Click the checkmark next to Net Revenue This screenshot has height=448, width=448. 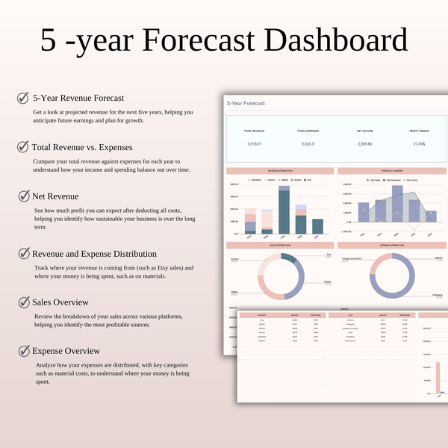[x=23, y=196]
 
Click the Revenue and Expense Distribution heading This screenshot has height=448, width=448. [x=94, y=254]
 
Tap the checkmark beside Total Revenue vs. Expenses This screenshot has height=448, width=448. [x=23, y=146]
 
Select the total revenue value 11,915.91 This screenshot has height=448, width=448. [x=254, y=143]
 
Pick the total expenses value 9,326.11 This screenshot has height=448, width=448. [x=308, y=143]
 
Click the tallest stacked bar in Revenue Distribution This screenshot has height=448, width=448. [x=284, y=211]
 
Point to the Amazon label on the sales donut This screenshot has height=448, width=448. [x=234, y=260]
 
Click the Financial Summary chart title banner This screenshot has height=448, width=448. [x=392, y=171]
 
